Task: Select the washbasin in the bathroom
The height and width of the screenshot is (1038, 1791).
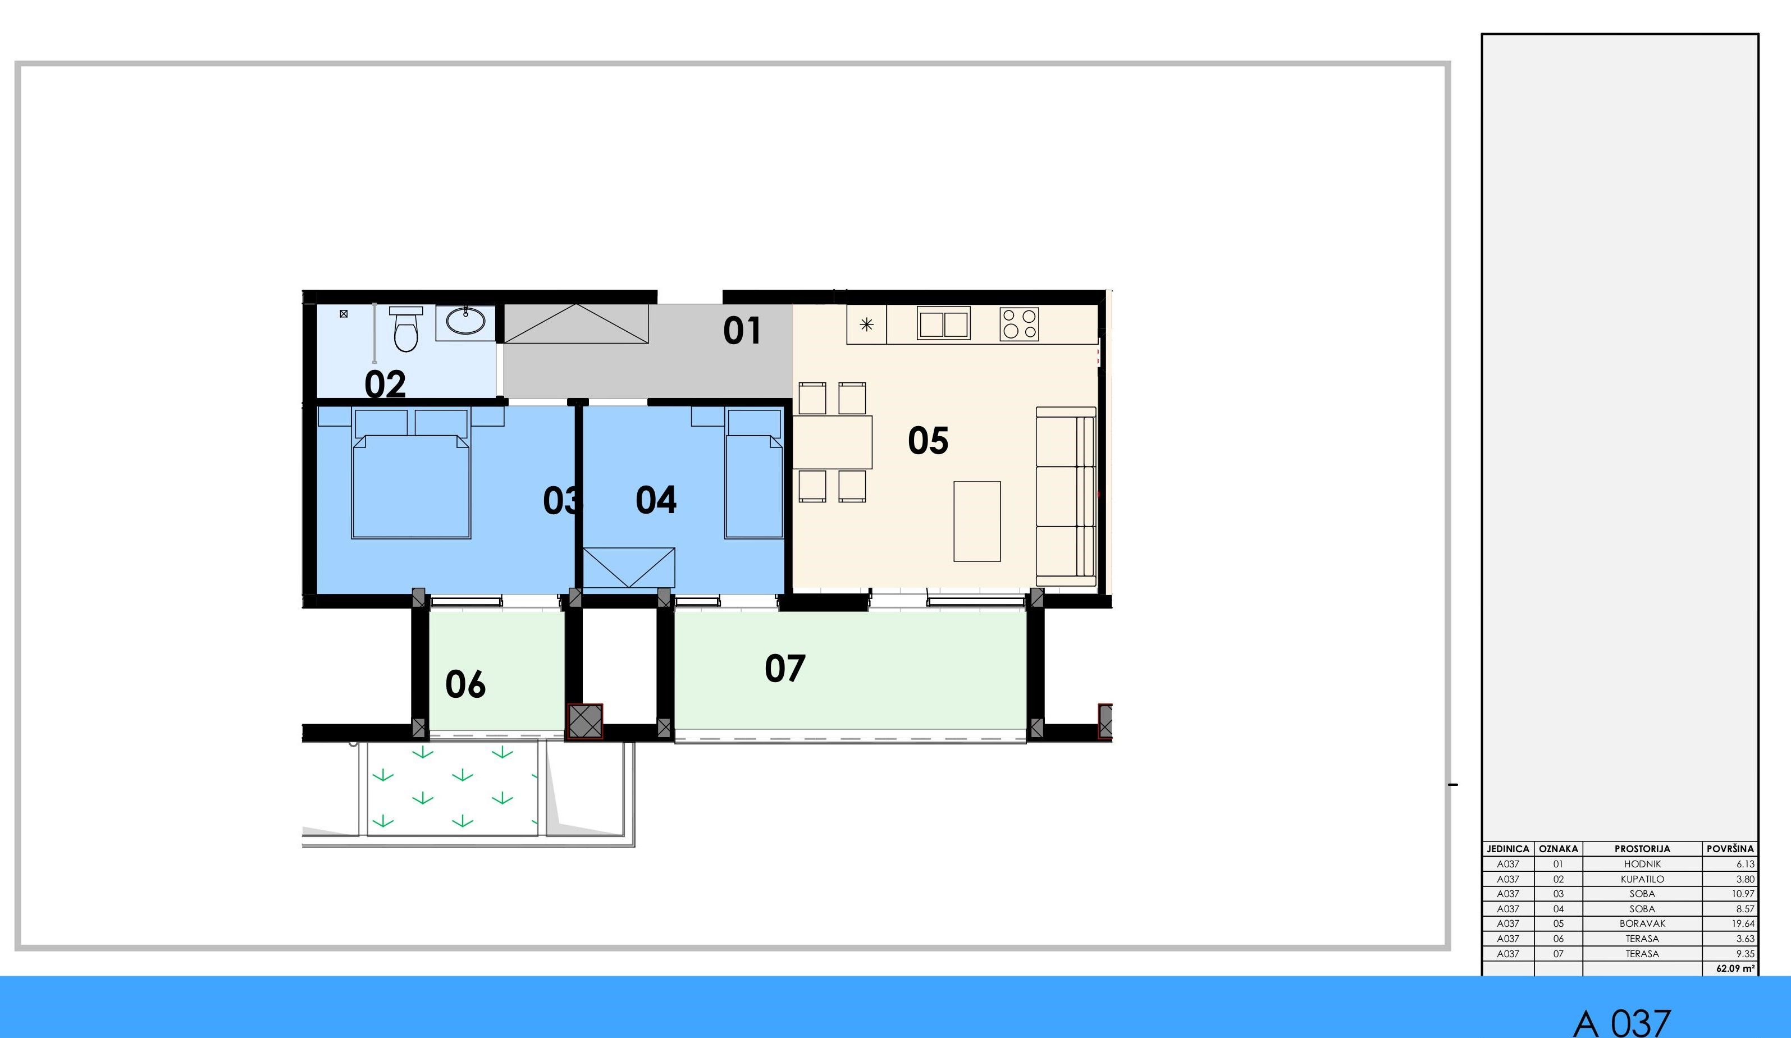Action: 465,321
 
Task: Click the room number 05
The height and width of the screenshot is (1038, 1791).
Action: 928,441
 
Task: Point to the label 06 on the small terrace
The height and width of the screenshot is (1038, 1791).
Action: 465,684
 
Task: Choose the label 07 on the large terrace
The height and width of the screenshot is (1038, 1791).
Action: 785,669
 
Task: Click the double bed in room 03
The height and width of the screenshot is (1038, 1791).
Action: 411,473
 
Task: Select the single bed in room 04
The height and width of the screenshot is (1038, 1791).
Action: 754,473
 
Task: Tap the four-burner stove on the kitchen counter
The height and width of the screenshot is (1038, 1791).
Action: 1019,324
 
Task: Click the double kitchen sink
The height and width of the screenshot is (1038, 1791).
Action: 944,323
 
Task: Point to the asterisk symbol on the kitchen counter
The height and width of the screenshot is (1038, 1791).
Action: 866,324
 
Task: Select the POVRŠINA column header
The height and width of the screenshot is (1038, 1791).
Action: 1730,848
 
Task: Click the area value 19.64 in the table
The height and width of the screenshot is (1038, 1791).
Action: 1743,923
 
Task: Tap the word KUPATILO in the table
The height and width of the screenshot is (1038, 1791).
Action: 1642,879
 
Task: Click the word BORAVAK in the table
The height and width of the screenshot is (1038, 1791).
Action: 1642,923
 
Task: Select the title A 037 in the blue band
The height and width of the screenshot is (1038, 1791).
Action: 1623,1022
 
